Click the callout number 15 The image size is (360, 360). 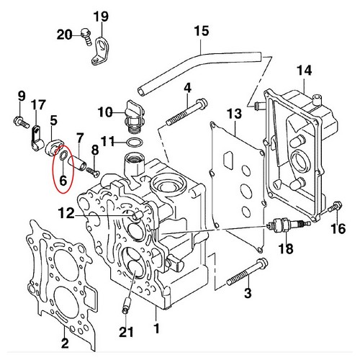pos(202,32)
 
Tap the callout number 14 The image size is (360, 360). pos(305,71)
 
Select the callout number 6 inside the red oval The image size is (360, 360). pos(63,180)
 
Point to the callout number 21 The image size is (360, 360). pos(126,332)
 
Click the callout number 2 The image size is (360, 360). pos(65,343)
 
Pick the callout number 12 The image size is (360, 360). pos(66,213)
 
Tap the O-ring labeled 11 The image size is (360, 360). pos(135,143)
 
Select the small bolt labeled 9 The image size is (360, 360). pos(22,122)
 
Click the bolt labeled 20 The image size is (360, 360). pos(86,37)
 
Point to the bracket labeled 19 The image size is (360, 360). pos(101,51)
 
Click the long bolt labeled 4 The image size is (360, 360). pos(186,113)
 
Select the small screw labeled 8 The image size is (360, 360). pos(93,172)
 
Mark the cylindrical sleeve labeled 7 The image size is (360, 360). pos(78,163)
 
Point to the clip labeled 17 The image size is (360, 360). pos(37,139)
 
